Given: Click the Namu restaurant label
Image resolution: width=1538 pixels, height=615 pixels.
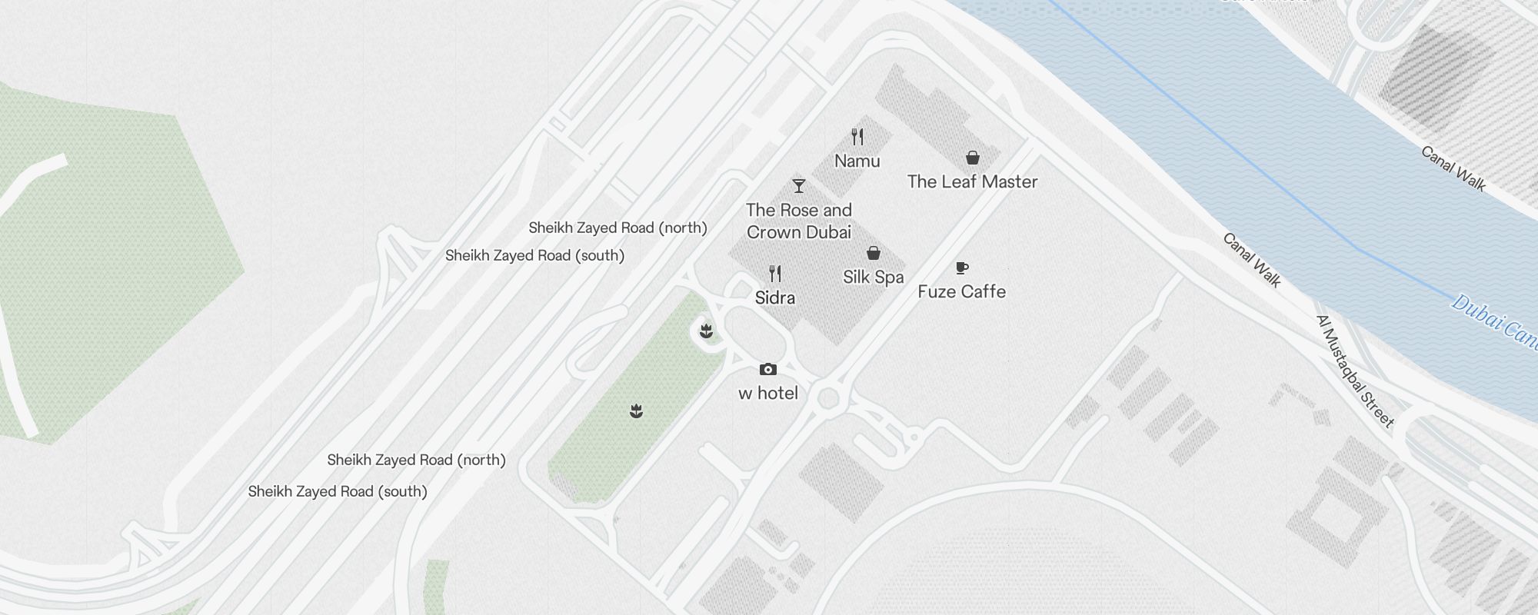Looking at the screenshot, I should point(857,161).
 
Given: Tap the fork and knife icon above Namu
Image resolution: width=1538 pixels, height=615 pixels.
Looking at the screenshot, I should point(857,138).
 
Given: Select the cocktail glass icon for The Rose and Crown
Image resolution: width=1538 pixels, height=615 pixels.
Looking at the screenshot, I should point(799,186).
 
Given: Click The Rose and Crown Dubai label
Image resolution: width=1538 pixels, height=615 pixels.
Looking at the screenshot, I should point(799,221).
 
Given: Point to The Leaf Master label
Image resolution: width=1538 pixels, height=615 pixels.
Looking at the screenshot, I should point(972,182).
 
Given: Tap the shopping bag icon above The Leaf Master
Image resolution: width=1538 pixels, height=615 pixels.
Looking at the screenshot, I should point(973,158).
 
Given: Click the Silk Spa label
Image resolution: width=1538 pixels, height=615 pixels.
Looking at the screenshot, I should point(873,277).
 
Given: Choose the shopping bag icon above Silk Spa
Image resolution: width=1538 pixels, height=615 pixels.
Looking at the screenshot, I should point(874,253).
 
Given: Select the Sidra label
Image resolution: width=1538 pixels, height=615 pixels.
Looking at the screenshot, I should point(775,298).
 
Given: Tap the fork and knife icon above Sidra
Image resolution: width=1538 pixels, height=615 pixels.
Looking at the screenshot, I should point(775,274).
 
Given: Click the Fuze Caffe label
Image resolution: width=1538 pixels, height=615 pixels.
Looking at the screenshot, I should point(961,291).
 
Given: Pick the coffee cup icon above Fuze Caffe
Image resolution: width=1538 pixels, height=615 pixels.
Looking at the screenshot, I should point(961,268).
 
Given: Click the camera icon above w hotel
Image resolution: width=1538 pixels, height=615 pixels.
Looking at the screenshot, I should point(767,370).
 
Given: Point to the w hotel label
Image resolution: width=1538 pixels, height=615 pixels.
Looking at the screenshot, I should point(767,394).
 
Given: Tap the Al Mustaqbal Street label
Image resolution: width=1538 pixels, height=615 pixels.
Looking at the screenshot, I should point(1354,371).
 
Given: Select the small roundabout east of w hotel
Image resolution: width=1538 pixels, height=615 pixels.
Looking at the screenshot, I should point(828,398).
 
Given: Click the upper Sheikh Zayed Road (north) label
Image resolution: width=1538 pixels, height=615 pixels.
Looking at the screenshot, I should point(618,228).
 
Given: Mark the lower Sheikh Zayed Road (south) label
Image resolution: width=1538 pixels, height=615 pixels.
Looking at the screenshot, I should point(338,492).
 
